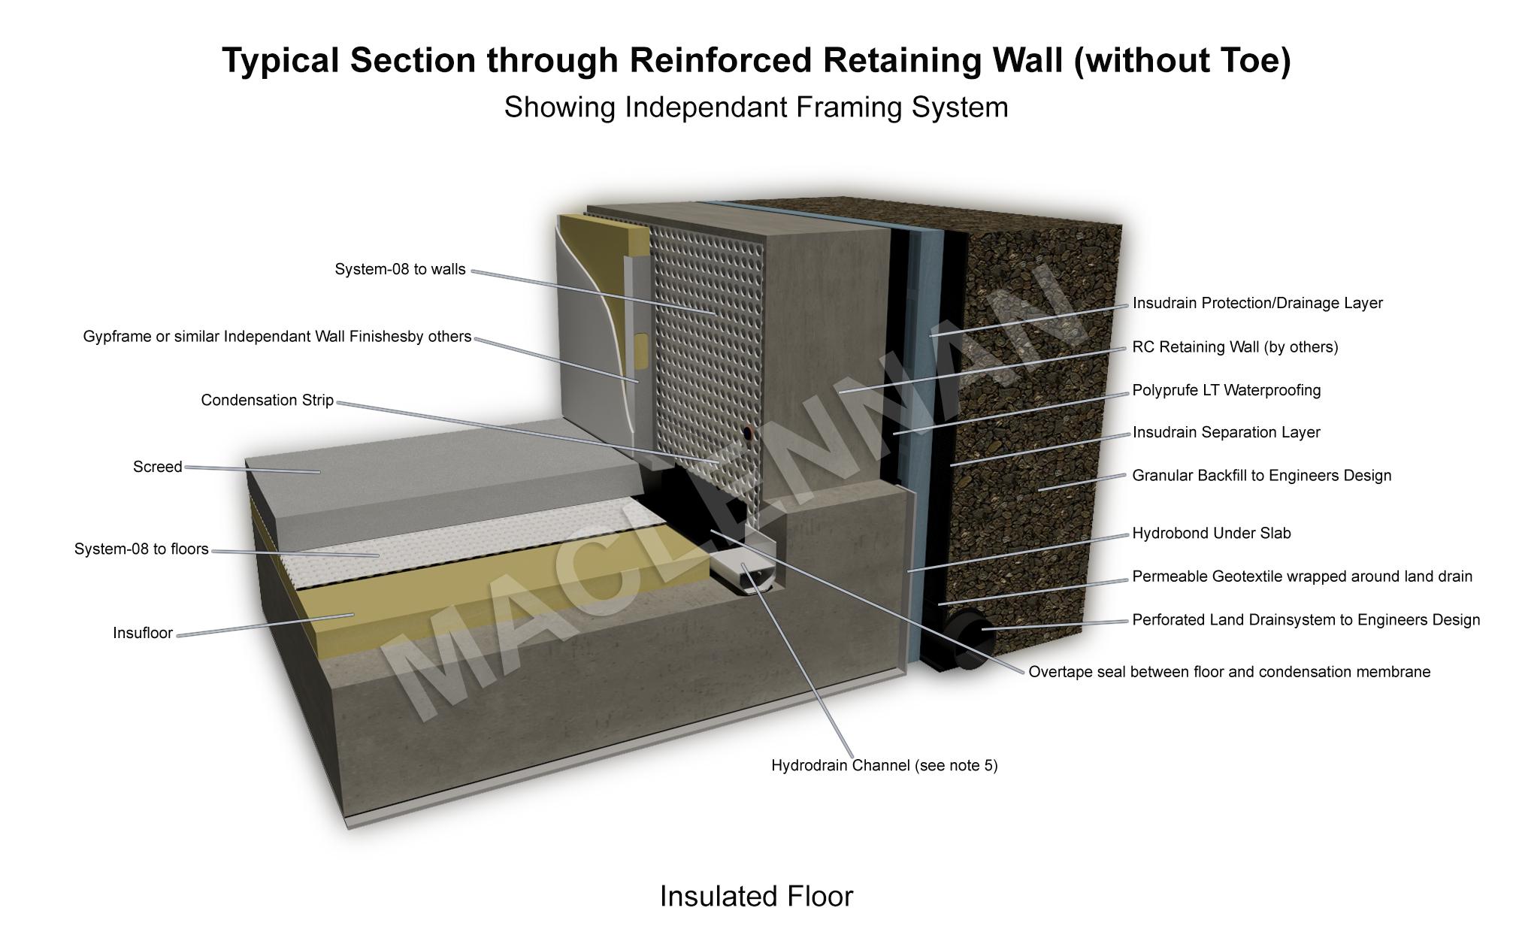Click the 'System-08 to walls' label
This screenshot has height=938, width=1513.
(x=400, y=269)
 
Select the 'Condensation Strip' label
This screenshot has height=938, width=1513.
(x=267, y=400)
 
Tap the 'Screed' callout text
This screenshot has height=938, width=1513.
(x=157, y=467)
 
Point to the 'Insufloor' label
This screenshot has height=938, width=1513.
(x=143, y=633)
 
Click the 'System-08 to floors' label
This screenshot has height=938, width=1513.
(x=141, y=549)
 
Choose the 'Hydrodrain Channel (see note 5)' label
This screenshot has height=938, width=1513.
(x=884, y=765)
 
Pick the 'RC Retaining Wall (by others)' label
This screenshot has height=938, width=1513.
(x=1235, y=346)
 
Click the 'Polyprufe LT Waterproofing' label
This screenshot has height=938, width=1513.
(x=1226, y=390)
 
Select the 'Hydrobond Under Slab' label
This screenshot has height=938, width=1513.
(x=1211, y=533)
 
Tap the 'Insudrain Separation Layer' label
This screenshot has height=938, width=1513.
(x=1226, y=432)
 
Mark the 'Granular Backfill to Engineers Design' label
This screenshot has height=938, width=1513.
(x=1261, y=475)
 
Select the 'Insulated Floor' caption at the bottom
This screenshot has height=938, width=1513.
(x=756, y=896)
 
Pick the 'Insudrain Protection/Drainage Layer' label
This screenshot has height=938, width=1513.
(x=1257, y=303)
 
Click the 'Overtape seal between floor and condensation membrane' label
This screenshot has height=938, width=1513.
(x=1229, y=672)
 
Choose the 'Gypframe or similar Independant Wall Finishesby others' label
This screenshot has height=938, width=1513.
(x=277, y=337)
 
